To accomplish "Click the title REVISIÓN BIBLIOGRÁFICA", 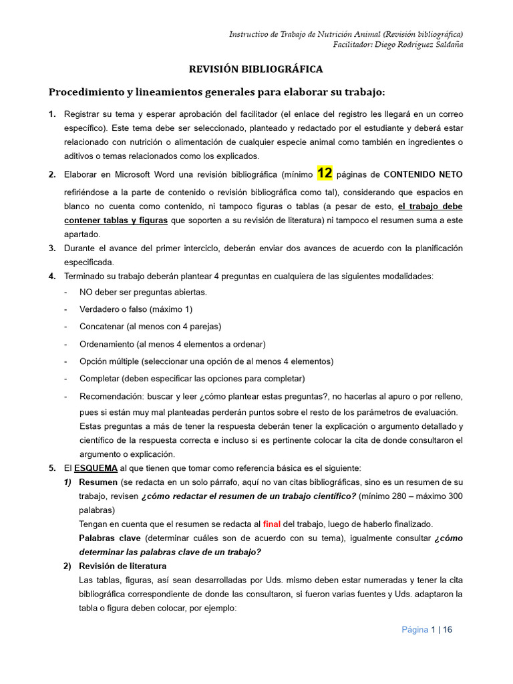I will click(x=256, y=69).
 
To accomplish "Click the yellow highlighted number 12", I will click(x=325, y=174).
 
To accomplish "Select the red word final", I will click(x=272, y=524).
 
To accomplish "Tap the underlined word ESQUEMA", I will click(x=96, y=468).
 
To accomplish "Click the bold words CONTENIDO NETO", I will click(x=423, y=175).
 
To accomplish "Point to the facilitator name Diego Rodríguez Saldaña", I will click(x=398, y=45).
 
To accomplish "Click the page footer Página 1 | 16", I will click(x=427, y=630).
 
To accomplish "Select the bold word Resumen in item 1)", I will click(x=98, y=482).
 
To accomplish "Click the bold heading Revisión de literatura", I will click(x=123, y=566).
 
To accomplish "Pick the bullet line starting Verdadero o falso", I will click(x=136, y=309).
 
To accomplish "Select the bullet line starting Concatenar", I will click(x=150, y=327).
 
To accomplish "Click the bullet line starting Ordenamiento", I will click(x=172, y=344).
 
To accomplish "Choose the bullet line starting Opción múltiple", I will click(x=206, y=361).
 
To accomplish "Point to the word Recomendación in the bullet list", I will click(x=111, y=397).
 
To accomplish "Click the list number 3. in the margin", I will click(x=52, y=248).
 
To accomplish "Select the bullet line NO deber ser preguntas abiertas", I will click(x=143, y=292).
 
